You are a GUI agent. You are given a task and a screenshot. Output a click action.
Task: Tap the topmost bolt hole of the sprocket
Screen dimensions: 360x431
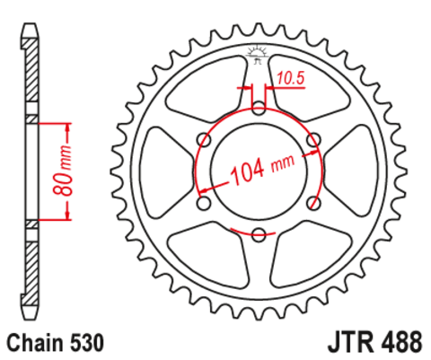click(259, 110)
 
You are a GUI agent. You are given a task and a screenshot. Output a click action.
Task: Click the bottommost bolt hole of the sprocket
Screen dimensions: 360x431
click(259, 235)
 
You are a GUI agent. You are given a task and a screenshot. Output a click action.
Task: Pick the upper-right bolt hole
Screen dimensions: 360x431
click(313, 141)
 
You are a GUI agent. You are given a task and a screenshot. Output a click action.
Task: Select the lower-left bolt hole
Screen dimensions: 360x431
click(204, 204)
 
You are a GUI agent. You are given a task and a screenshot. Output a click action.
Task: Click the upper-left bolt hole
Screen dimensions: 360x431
click(204, 141)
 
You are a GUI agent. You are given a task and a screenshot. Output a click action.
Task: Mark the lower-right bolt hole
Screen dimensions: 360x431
click(313, 204)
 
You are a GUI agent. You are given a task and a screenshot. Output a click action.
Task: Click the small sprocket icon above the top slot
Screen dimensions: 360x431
click(259, 53)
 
